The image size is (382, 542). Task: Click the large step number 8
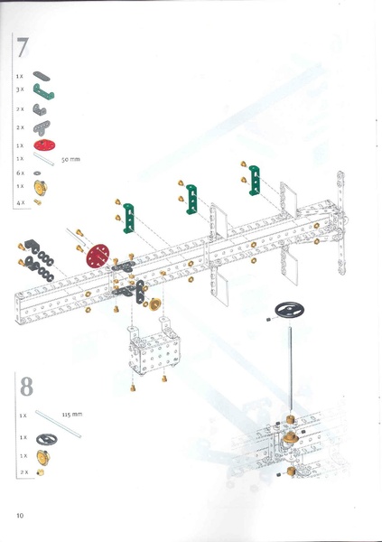[x=27, y=386]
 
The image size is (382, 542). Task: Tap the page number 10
[x=19, y=515]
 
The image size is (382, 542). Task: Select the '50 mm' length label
[x=70, y=159]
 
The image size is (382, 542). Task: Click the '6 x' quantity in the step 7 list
[x=20, y=173]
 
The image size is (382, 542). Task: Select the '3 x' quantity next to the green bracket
[x=20, y=90]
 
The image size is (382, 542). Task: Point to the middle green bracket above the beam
[x=191, y=200]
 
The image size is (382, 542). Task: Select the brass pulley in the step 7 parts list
[x=39, y=187]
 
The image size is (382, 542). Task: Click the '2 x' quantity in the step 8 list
[x=24, y=472]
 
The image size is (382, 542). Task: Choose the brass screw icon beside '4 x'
[x=39, y=201]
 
